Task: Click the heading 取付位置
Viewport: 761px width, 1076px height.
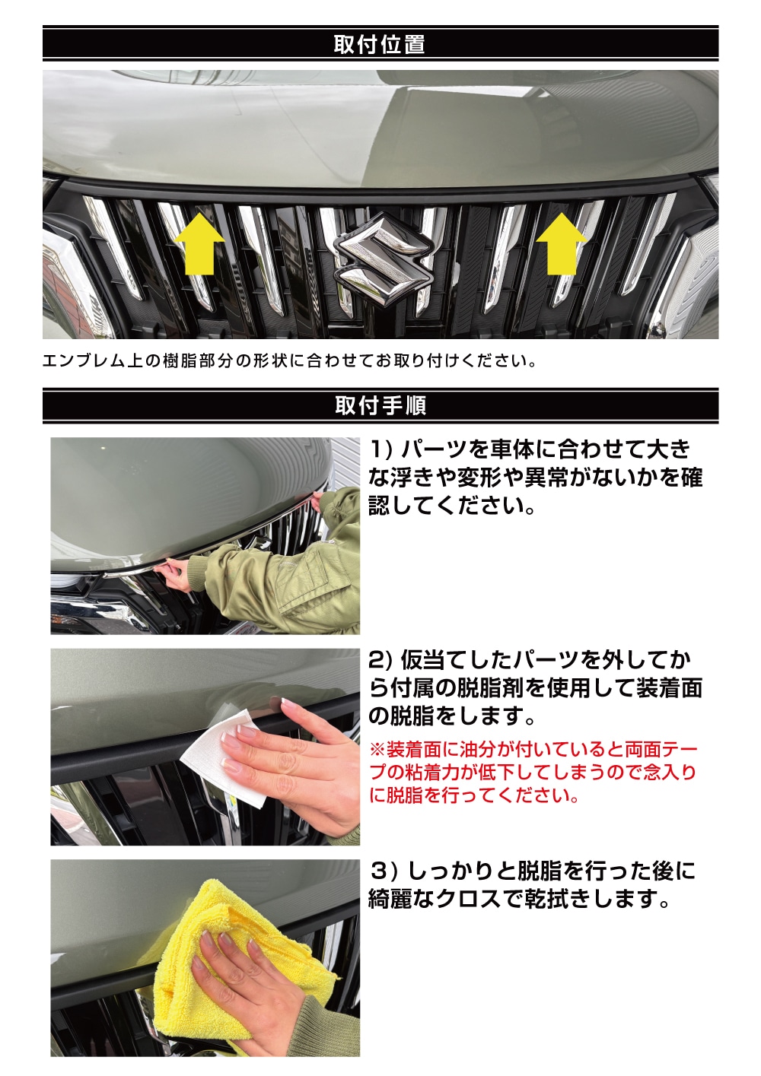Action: coord(380,44)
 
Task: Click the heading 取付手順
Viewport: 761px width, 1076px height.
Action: coord(380,406)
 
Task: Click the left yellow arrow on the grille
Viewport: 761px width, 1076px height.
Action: coord(199,245)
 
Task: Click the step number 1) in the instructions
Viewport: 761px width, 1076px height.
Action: coord(381,450)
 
